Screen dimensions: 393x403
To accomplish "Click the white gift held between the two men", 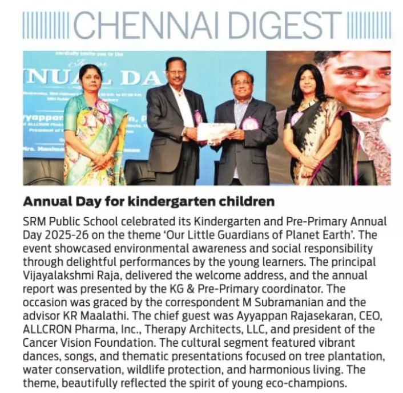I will tap(215, 132).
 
